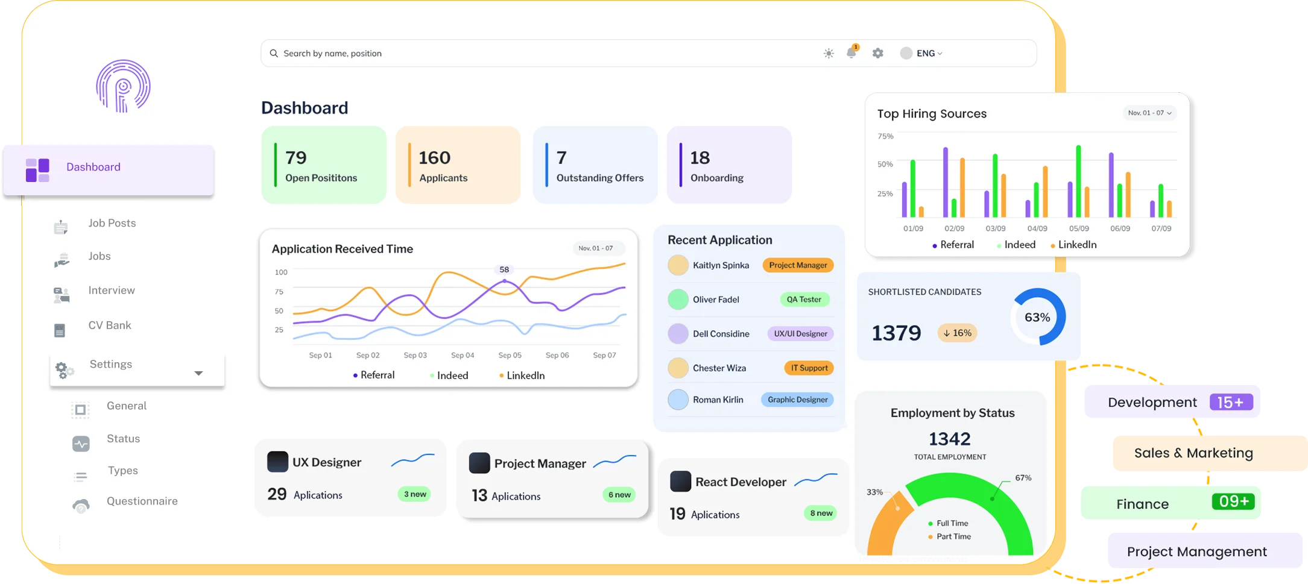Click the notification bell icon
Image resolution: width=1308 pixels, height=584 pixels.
coord(851,53)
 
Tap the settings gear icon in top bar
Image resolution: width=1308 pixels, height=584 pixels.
coord(877,53)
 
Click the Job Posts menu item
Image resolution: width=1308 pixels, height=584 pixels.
coord(112,223)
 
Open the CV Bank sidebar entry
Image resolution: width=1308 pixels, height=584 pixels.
coord(109,325)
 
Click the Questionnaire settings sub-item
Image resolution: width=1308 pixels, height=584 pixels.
coord(142,501)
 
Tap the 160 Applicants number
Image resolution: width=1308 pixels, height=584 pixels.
coord(434,158)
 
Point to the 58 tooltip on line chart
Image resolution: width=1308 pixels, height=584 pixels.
coord(504,269)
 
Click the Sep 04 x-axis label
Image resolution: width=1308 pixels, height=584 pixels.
coord(463,355)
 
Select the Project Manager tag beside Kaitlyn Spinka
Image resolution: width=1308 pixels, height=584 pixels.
coord(798,265)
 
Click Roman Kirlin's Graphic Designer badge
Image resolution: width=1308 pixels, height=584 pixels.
coord(797,400)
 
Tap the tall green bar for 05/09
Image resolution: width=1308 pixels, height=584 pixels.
coord(1078,181)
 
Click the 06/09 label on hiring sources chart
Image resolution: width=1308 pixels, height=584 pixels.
coord(1120,228)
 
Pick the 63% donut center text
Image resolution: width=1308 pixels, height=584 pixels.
coord(1037,318)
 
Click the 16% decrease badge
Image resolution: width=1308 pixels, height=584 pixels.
coord(958,333)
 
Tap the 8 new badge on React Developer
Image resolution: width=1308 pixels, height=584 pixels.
coord(821,513)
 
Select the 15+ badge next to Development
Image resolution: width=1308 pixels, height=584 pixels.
coord(1231,402)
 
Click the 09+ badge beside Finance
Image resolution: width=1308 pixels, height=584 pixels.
coord(1233,501)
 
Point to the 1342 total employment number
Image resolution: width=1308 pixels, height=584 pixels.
coord(949,439)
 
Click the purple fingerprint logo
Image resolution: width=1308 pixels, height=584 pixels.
coord(123,86)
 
